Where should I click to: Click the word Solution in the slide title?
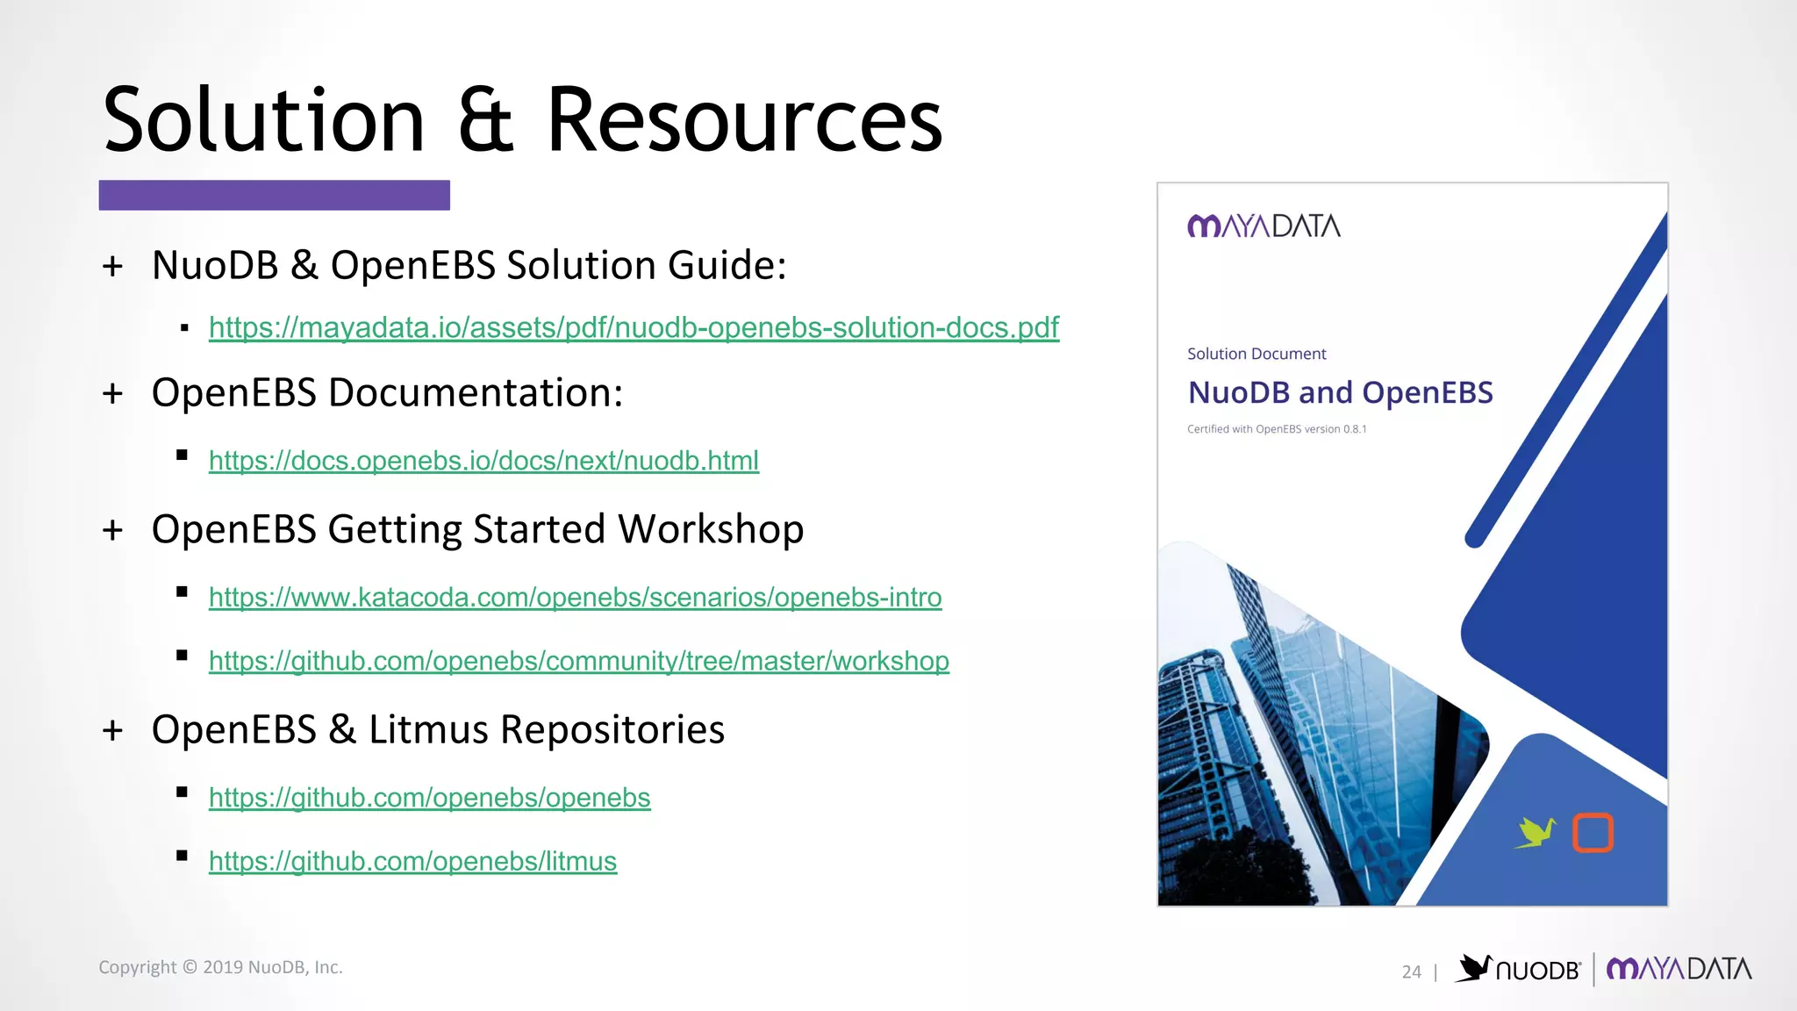click(x=263, y=120)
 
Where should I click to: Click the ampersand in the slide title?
click(x=484, y=120)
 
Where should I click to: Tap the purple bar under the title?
click(x=274, y=195)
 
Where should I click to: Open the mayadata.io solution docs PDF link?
click(x=634, y=327)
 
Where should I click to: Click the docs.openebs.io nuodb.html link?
click(x=483, y=461)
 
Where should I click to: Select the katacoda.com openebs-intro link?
click(x=575, y=598)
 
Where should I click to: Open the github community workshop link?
click(x=578, y=661)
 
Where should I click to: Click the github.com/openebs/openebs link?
click(x=429, y=798)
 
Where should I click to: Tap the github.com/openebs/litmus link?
click(x=412, y=862)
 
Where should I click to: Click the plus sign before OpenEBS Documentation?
click(x=112, y=393)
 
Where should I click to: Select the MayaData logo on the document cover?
click(x=1264, y=226)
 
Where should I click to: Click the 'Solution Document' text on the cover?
click(x=1256, y=354)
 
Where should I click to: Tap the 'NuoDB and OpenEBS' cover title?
click(x=1340, y=392)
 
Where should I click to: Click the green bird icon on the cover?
click(x=1536, y=832)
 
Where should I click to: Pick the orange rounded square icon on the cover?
click(x=1593, y=833)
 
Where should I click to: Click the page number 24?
click(x=1411, y=972)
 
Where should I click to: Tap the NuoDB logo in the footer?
click(x=1518, y=969)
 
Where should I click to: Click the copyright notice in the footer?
click(x=220, y=967)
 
